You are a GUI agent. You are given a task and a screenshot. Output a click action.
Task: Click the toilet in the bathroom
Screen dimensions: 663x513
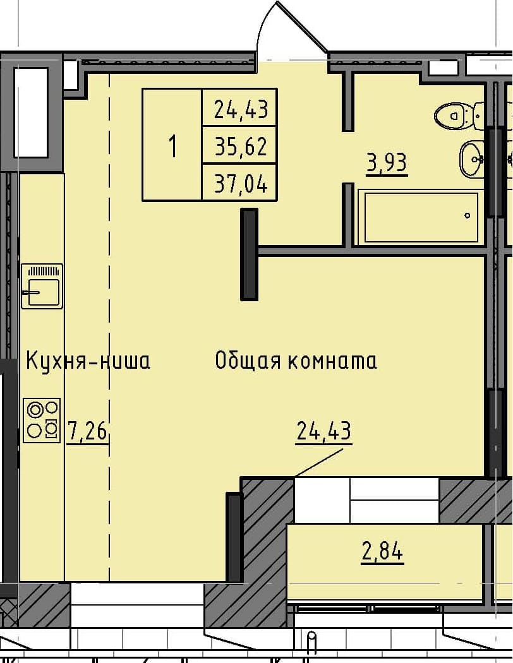pyautogui.click(x=454, y=115)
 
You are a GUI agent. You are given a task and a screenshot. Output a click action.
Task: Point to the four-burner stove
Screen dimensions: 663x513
pyautogui.click(x=42, y=420)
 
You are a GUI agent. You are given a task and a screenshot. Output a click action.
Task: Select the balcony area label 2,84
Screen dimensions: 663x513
pyautogui.click(x=382, y=552)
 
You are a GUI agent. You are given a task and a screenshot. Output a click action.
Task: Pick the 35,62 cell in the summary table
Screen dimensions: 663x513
pyautogui.click(x=241, y=147)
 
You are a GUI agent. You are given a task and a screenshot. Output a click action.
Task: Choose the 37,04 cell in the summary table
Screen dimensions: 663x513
pyautogui.click(x=241, y=184)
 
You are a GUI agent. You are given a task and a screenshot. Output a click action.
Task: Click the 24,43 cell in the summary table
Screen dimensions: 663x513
pyautogui.click(x=241, y=110)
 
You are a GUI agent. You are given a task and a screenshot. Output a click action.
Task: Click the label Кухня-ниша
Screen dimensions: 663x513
pyautogui.click(x=88, y=361)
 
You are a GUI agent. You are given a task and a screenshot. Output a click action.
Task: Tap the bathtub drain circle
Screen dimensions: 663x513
pyautogui.click(x=468, y=215)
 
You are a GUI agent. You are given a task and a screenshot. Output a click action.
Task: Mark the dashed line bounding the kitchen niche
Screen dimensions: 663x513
pyautogui.click(x=110, y=316)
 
